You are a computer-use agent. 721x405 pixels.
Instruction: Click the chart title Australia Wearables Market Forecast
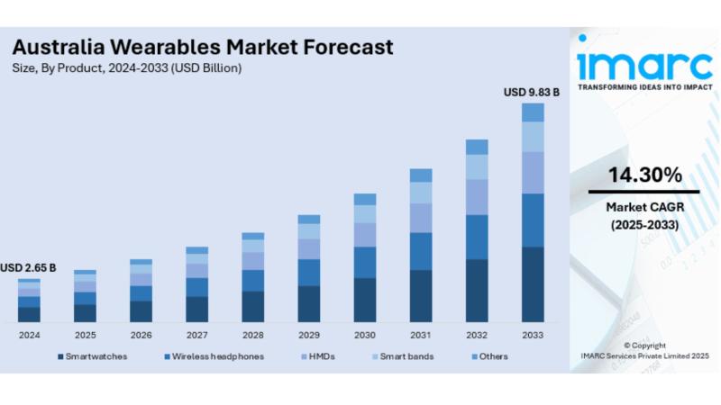tap(202, 46)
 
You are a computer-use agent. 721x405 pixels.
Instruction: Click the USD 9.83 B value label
tap(531, 92)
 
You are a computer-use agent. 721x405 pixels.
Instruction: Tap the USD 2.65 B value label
tap(28, 267)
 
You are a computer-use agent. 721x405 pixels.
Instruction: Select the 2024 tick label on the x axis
tap(29, 335)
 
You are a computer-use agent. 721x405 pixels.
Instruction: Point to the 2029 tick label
tap(308, 335)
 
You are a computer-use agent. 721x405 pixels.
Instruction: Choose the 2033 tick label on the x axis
tap(533, 335)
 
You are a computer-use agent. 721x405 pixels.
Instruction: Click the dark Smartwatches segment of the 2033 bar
tap(533, 283)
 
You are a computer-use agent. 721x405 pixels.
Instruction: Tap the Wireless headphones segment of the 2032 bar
tap(477, 237)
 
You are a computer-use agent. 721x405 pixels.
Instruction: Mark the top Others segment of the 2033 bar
tap(533, 112)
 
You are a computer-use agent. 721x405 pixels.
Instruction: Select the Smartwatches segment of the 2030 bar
tap(365, 300)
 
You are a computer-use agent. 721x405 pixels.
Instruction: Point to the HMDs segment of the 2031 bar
tap(421, 217)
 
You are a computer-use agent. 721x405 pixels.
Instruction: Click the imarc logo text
tap(643, 64)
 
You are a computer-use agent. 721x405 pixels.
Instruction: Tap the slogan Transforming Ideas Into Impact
tap(643, 87)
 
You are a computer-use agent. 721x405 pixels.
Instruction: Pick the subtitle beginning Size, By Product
tap(126, 68)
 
